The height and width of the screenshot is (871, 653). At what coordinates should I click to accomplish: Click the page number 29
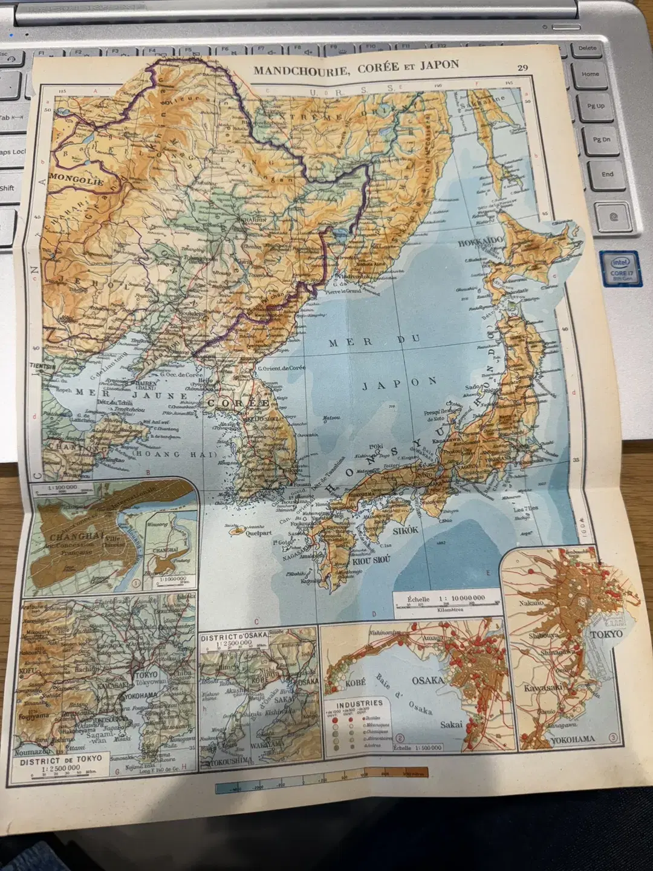[523, 67]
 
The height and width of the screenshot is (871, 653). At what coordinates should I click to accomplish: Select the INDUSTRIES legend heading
[360, 703]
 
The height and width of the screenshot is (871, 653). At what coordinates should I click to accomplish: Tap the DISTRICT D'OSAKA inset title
[232, 638]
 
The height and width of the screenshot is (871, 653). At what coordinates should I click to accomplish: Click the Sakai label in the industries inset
[451, 724]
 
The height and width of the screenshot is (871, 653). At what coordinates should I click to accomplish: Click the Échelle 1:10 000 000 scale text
[446, 598]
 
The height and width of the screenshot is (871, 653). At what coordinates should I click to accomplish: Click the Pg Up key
[596, 106]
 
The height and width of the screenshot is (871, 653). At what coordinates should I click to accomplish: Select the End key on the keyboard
[607, 174]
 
